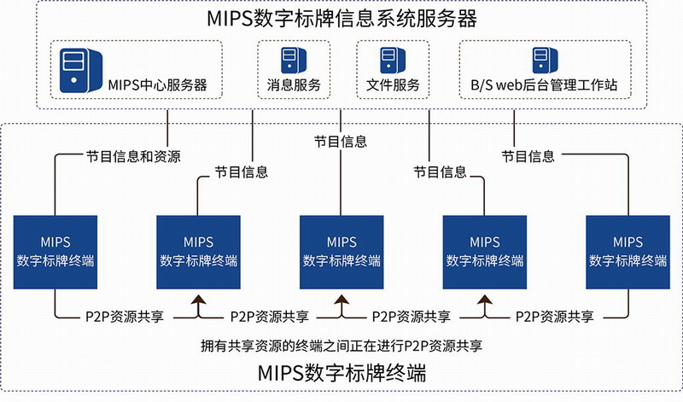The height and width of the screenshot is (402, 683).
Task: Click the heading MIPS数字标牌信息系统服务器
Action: click(x=342, y=19)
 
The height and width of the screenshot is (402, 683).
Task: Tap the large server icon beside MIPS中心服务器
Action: click(x=81, y=70)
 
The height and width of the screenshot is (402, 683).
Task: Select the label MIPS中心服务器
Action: click(x=157, y=84)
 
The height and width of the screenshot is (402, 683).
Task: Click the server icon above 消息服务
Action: click(x=294, y=60)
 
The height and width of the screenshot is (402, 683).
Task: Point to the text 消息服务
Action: click(x=294, y=84)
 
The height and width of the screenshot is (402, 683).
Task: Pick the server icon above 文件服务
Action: click(x=393, y=60)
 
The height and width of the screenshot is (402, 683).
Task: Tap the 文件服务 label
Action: click(x=393, y=84)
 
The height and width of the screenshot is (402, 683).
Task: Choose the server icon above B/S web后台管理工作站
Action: click(x=545, y=60)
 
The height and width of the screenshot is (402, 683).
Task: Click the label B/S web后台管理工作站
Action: click(x=544, y=84)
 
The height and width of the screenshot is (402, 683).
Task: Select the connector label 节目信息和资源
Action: click(x=133, y=156)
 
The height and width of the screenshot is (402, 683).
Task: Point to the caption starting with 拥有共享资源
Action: click(x=341, y=346)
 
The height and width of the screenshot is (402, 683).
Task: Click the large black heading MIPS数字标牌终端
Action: click(x=342, y=373)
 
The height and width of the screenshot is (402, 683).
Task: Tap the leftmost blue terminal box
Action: click(x=55, y=252)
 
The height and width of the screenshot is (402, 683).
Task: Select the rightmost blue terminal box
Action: click(x=628, y=252)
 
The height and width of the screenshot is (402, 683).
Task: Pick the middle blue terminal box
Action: click(x=341, y=252)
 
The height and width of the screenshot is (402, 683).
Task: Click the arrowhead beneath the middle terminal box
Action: click(x=341, y=300)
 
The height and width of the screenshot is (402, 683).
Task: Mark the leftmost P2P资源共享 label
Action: click(x=125, y=317)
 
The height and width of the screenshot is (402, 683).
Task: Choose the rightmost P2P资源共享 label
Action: click(x=554, y=317)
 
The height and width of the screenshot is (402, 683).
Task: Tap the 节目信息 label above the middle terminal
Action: click(x=341, y=142)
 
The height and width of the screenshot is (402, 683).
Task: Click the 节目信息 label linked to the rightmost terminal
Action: click(x=528, y=156)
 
